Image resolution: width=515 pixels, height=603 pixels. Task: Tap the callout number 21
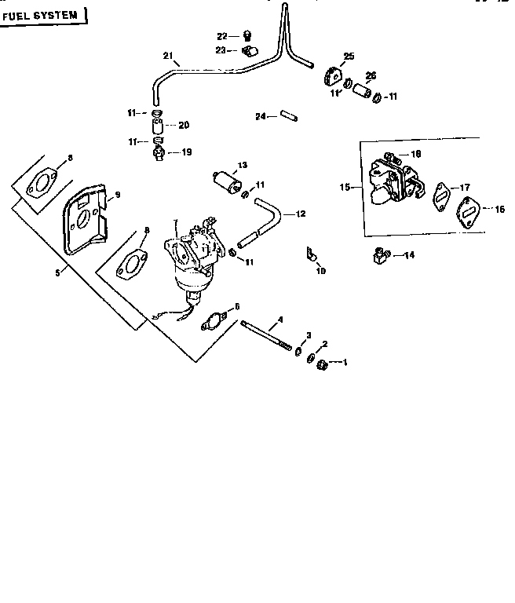click(x=167, y=55)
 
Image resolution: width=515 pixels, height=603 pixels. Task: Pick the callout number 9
click(x=117, y=195)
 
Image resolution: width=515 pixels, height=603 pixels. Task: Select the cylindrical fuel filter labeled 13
click(x=225, y=181)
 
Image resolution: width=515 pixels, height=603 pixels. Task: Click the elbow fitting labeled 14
click(x=379, y=255)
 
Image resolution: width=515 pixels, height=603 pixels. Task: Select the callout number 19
click(x=185, y=152)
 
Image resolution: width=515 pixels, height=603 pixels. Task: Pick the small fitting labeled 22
click(x=246, y=35)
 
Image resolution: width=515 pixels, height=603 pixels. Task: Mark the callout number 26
click(x=371, y=75)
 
